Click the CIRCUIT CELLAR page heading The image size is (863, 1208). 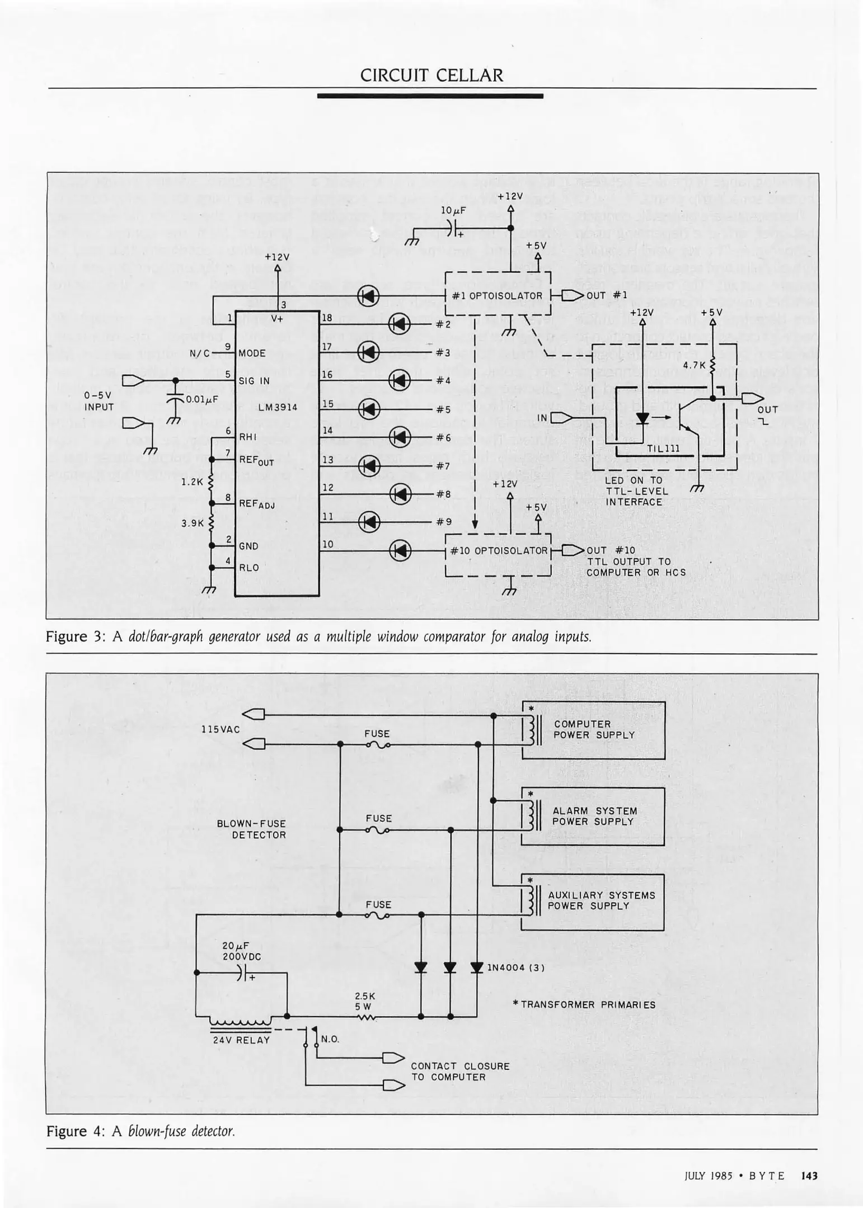tap(431, 75)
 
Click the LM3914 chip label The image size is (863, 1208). tap(278, 408)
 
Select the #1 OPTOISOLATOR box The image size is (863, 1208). tap(498, 295)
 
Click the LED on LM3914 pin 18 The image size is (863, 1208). tap(399, 323)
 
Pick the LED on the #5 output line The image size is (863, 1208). tap(368, 409)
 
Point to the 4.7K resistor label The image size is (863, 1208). tap(694, 365)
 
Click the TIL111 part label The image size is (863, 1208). tap(663, 448)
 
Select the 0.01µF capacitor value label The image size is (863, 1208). tap(201, 399)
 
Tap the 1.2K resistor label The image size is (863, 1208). tap(191, 480)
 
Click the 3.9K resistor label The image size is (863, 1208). tap(193, 523)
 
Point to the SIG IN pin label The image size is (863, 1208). tap(254, 381)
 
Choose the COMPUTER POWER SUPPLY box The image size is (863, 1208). tap(593, 730)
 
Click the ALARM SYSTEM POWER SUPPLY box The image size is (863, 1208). tap(593, 817)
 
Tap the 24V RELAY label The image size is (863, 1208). tap(241, 1040)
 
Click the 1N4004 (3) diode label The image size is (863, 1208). tap(515, 968)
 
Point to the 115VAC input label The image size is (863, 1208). tap(221, 729)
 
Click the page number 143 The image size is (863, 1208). tap(809, 1176)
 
